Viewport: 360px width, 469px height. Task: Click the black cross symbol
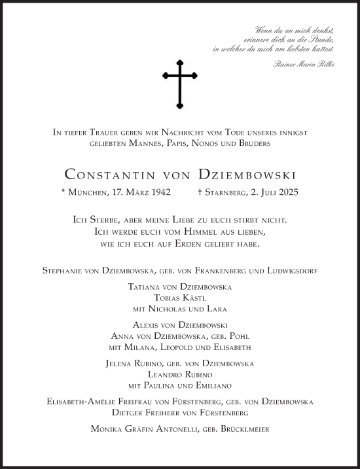(179, 82)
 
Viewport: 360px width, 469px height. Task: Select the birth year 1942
(159, 192)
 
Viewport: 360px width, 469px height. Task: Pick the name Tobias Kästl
(179, 298)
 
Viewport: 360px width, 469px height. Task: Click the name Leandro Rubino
(180, 374)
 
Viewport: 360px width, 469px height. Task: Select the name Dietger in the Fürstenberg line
(130, 413)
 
